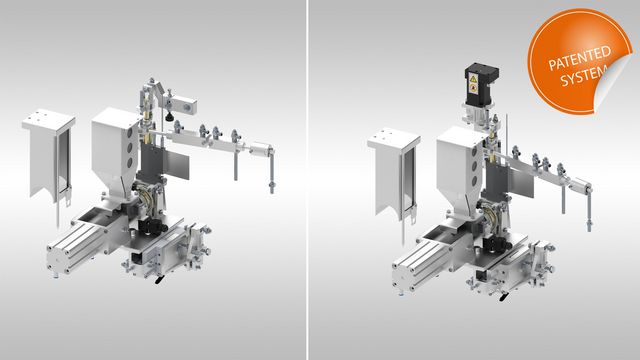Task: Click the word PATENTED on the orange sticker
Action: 580,59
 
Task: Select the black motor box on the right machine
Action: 481,83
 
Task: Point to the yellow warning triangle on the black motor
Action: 473,78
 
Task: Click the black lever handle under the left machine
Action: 159,280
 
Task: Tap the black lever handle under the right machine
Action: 504,296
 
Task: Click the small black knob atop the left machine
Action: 169,118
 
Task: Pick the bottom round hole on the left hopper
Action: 130,163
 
